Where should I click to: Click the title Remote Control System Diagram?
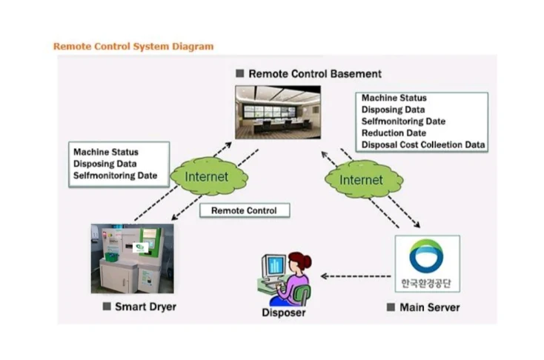(x=133, y=46)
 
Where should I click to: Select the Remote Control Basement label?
(x=314, y=74)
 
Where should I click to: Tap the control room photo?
(x=278, y=112)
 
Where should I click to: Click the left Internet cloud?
(x=206, y=177)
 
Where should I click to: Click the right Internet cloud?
(x=361, y=180)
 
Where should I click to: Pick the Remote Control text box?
(x=244, y=210)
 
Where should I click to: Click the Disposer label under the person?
(x=283, y=313)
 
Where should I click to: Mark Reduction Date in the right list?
(x=394, y=133)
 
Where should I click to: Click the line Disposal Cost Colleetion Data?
(x=423, y=145)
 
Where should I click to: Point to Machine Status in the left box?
(x=105, y=153)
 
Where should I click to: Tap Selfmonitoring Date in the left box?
(x=115, y=176)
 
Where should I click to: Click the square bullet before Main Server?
(x=391, y=307)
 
